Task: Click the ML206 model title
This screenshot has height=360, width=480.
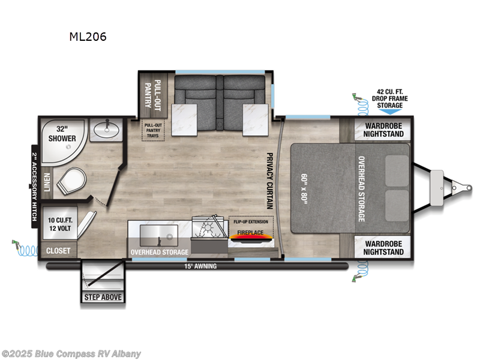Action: pos(88,37)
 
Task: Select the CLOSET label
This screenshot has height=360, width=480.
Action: pos(58,250)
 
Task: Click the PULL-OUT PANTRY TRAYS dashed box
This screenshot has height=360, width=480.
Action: pos(152,130)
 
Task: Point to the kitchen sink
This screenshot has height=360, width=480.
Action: pos(158,233)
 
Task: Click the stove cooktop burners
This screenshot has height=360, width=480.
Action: pos(207,231)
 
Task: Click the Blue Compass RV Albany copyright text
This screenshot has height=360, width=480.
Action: pos(71,353)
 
